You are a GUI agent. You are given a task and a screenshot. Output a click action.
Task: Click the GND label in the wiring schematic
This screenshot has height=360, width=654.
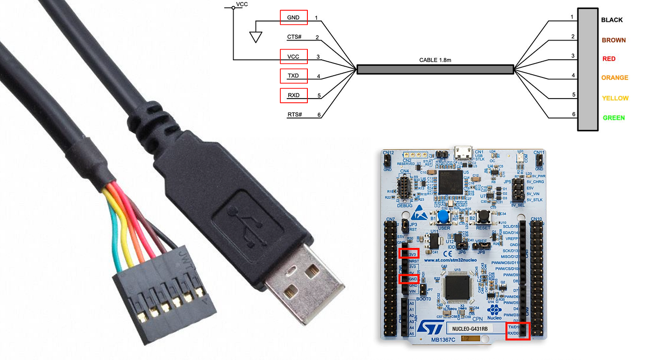pos(293,17)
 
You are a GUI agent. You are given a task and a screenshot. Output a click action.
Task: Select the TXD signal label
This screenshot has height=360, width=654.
pos(293,76)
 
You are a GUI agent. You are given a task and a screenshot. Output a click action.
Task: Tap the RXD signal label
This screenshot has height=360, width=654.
pos(293,95)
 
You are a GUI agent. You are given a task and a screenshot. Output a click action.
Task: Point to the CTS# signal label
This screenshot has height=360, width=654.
pos(294,37)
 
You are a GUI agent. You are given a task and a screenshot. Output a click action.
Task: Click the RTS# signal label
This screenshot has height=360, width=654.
pos(294,115)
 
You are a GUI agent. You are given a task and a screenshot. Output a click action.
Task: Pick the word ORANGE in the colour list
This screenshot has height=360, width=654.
pos(615,78)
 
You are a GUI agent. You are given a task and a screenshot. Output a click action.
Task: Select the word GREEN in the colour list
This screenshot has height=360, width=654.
pos(613,118)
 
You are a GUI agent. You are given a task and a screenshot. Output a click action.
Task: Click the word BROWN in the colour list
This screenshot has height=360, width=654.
pos(613,40)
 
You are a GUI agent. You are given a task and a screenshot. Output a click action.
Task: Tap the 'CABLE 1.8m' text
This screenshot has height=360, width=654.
pos(435,60)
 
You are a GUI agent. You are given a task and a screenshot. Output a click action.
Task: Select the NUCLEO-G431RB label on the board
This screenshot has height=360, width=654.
pos(470,328)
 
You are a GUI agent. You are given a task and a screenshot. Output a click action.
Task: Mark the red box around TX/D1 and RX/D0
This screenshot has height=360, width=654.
pos(518,331)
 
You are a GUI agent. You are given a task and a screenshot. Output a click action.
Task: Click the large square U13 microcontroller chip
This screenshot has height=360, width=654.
pos(459,287)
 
